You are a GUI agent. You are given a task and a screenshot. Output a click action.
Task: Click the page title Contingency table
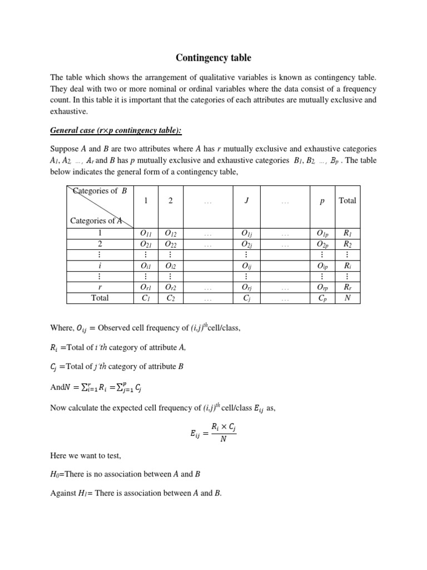click(213, 58)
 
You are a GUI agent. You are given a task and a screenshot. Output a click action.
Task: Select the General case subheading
click(116, 130)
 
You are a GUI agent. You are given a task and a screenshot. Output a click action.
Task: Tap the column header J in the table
click(246, 201)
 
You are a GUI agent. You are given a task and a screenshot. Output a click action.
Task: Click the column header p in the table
click(322, 201)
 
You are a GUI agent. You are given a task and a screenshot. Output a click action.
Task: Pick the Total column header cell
click(347, 201)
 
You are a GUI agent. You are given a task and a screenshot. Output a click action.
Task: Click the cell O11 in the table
click(146, 234)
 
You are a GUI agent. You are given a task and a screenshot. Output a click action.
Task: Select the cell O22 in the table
click(171, 244)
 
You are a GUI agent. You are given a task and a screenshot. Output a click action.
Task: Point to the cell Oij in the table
click(246, 266)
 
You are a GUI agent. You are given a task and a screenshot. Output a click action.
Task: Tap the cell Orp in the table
click(322, 287)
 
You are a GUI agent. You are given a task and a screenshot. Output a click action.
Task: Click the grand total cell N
click(347, 298)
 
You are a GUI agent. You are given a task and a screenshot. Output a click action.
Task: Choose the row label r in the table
click(100, 287)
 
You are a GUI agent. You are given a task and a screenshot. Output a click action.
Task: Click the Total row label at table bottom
click(100, 298)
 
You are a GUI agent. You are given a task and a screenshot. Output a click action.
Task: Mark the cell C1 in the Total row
click(146, 298)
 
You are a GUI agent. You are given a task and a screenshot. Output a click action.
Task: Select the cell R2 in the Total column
click(347, 244)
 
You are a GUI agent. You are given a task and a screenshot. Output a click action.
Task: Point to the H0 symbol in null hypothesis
click(54, 474)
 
